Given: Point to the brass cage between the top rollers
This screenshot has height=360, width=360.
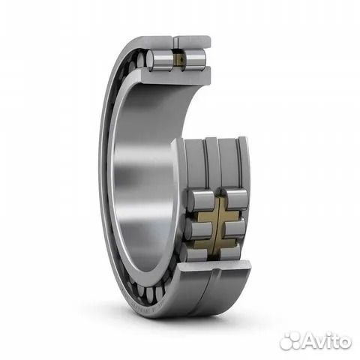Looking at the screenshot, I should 178,59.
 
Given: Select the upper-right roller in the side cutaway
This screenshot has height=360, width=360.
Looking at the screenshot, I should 236,198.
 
